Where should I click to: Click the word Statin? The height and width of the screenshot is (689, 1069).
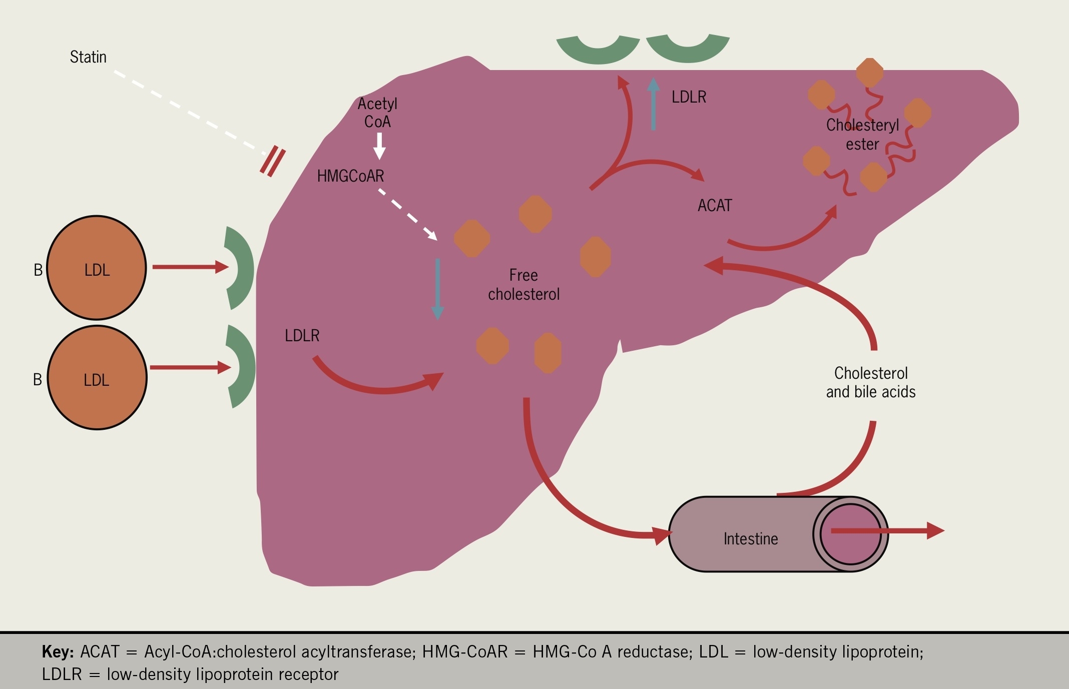(88, 57)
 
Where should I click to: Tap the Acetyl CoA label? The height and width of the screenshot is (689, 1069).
(377, 113)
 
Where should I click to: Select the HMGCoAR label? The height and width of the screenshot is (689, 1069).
(350, 176)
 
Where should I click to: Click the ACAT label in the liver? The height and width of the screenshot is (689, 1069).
(714, 206)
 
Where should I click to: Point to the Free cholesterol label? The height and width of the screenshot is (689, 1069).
(523, 285)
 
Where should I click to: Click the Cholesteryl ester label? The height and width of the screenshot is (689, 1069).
(862, 134)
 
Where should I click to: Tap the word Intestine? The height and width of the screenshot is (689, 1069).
(751, 539)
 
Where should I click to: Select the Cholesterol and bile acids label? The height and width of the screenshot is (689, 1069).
(871, 382)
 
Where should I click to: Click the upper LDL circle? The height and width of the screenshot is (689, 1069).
(97, 268)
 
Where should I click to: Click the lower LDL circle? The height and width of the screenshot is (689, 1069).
(97, 378)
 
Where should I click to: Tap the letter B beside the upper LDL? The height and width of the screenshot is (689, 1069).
(38, 270)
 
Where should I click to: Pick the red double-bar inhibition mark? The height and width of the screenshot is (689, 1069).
(273, 162)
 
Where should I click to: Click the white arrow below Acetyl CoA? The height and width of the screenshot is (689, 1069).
(380, 146)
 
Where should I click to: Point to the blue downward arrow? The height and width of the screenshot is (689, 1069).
(437, 289)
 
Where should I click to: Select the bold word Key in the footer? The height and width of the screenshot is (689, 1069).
(58, 652)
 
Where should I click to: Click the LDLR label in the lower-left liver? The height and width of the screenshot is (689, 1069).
(302, 336)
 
